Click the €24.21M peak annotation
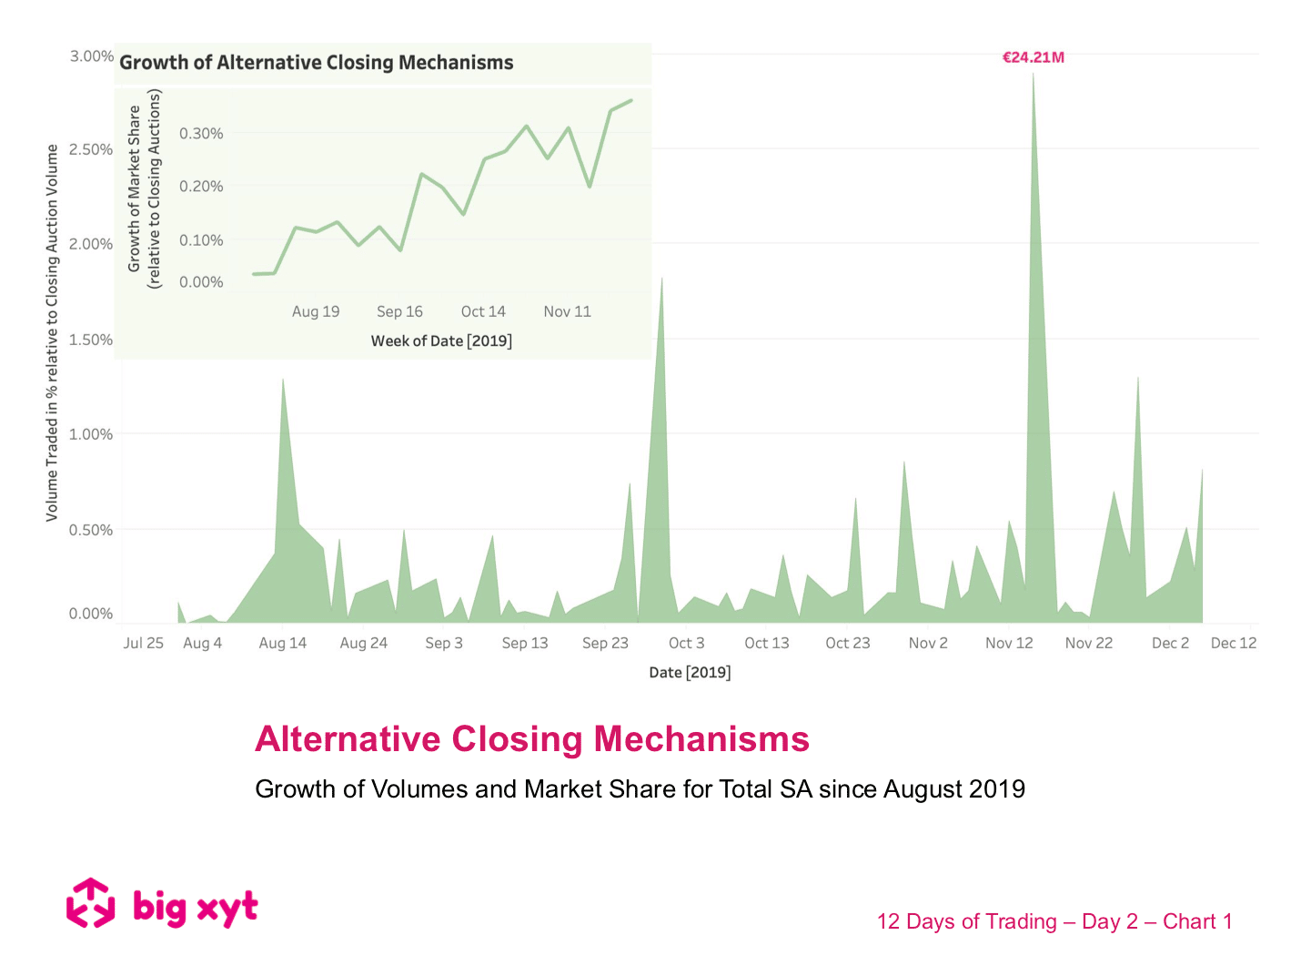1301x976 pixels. [1033, 57]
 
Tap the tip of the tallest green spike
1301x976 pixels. [1033, 74]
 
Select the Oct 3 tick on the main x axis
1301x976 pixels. [686, 643]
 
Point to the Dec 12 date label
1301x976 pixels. [1233, 643]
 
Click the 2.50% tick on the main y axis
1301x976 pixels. [91, 149]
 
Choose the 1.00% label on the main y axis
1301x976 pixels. [91, 434]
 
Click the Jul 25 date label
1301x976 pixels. [143, 643]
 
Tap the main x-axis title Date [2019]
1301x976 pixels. [690, 672]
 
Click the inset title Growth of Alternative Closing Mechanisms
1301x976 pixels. [317, 63]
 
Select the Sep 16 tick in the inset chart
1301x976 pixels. [399, 311]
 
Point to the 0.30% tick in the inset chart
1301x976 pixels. [201, 134]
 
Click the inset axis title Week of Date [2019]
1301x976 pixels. [441, 341]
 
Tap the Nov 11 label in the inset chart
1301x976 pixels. [567, 311]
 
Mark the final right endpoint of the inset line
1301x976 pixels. [631, 100]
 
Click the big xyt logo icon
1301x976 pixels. [90, 903]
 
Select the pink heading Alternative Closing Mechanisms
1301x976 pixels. [532, 739]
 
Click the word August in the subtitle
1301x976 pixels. [913, 788]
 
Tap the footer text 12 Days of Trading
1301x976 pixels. [966, 921]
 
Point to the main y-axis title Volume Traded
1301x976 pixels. [52, 333]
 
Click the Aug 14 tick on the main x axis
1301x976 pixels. [282, 643]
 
